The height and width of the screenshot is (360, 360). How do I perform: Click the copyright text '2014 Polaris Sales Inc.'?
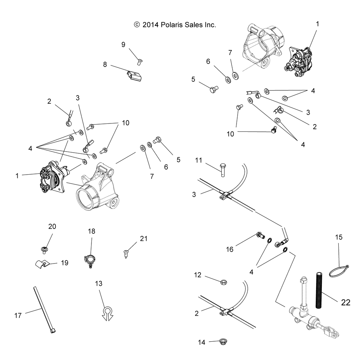[179, 25]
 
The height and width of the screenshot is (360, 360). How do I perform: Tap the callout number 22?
[346, 302]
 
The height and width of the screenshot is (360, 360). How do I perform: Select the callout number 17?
[18, 315]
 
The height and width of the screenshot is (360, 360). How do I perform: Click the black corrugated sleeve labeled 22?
[319, 291]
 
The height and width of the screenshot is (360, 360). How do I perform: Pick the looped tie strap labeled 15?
[339, 271]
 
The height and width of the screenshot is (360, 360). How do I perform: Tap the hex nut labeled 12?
[224, 282]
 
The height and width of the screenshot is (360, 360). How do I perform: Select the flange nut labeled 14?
[223, 341]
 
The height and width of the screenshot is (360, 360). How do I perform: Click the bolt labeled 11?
[223, 170]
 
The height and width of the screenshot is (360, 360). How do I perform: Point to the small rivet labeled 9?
[140, 62]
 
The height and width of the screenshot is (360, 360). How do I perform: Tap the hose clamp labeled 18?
[90, 261]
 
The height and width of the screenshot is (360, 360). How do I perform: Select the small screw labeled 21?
[126, 254]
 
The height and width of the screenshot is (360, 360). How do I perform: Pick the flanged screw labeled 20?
[44, 250]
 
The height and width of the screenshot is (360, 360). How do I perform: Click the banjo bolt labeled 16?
[260, 235]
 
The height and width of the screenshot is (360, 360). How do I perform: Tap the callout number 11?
[199, 160]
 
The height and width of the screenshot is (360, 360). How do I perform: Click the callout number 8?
[105, 64]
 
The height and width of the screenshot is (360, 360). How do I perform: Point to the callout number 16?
[230, 249]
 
